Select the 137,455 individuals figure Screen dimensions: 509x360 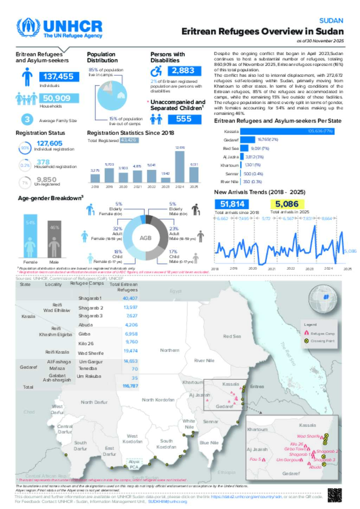[59, 77]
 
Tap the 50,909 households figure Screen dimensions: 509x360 [57, 98]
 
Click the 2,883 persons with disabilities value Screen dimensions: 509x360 [183, 71]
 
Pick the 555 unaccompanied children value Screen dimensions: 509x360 [184, 119]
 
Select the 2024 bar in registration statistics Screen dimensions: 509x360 [180, 167]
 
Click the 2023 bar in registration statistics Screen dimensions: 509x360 [166, 180]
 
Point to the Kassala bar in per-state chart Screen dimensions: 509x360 [287, 131]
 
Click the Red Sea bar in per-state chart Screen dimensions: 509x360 [244, 148]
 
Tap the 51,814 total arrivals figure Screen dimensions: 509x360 [232, 204]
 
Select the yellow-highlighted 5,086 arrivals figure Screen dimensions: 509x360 [287, 204]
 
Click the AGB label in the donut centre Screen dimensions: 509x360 [146, 238]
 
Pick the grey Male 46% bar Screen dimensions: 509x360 [54, 239]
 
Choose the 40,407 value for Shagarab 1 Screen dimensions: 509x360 [130, 298]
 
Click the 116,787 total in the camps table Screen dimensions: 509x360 [130, 386]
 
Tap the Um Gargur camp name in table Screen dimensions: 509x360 [91, 361]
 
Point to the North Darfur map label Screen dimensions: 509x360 [94, 402]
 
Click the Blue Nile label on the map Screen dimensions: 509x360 [209, 443]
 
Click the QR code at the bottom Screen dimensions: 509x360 [334, 495]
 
